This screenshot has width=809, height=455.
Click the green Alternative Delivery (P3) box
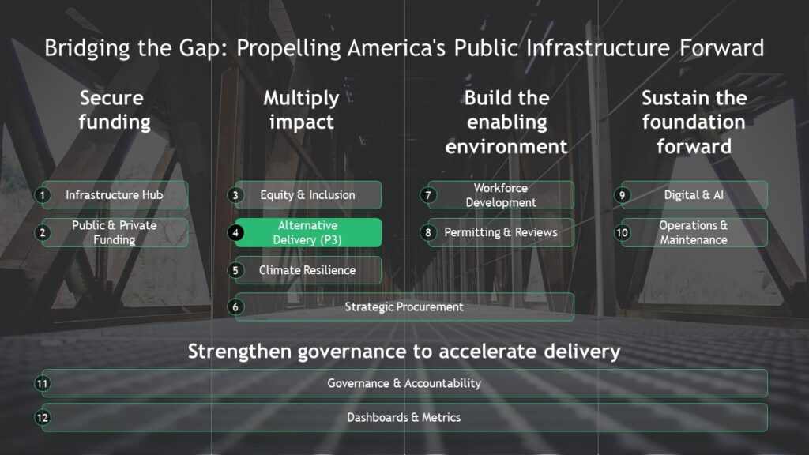tap(308, 233)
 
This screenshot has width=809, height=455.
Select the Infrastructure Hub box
tap(115, 195)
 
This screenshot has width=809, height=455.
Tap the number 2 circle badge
tap(43, 233)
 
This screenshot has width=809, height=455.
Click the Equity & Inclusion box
tap(308, 195)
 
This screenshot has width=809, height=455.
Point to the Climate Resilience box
tap(308, 270)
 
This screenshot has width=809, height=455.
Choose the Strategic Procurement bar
tap(404, 307)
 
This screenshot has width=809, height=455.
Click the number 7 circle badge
tap(427, 195)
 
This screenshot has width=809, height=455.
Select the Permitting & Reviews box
tap(501, 233)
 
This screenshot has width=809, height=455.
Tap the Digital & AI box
tap(694, 195)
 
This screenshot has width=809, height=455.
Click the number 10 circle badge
tap(623, 233)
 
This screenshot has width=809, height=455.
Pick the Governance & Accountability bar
tap(404, 383)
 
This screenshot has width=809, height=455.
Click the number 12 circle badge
tap(43, 417)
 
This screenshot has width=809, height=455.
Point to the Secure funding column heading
tap(114, 110)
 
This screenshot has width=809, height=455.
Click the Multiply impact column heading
tap(301, 110)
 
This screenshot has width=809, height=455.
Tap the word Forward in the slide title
tap(721, 48)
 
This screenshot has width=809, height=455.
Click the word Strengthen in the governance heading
tap(240, 352)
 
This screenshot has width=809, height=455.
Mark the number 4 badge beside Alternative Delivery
tap(235, 233)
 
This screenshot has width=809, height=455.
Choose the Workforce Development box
tap(501, 195)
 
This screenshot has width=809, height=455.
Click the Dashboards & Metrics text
tap(404, 417)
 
